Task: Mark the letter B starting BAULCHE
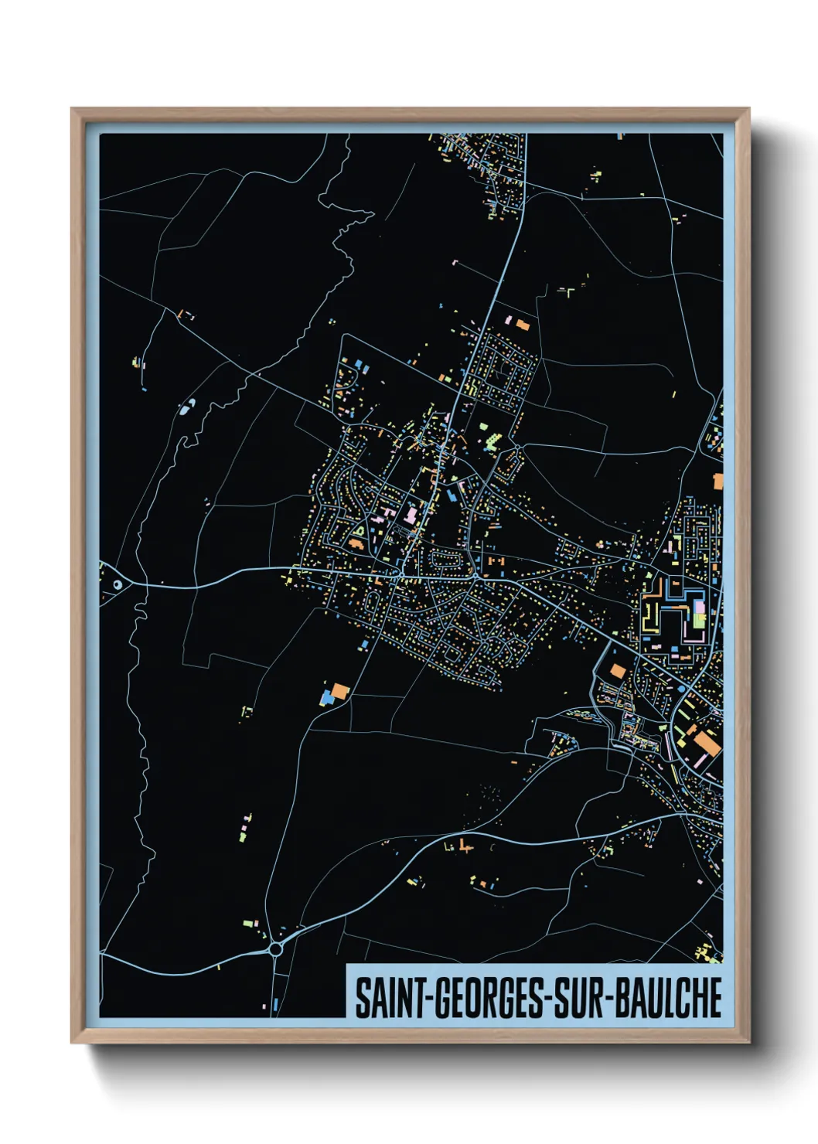point(626,998)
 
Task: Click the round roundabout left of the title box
point(276,948)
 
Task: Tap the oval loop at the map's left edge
point(117,584)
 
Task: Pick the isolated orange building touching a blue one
point(339,689)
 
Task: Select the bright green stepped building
point(490,442)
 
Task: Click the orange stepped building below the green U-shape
point(356,544)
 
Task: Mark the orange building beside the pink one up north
point(523,325)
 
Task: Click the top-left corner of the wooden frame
point(72,109)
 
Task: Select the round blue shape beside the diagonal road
point(681,687)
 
